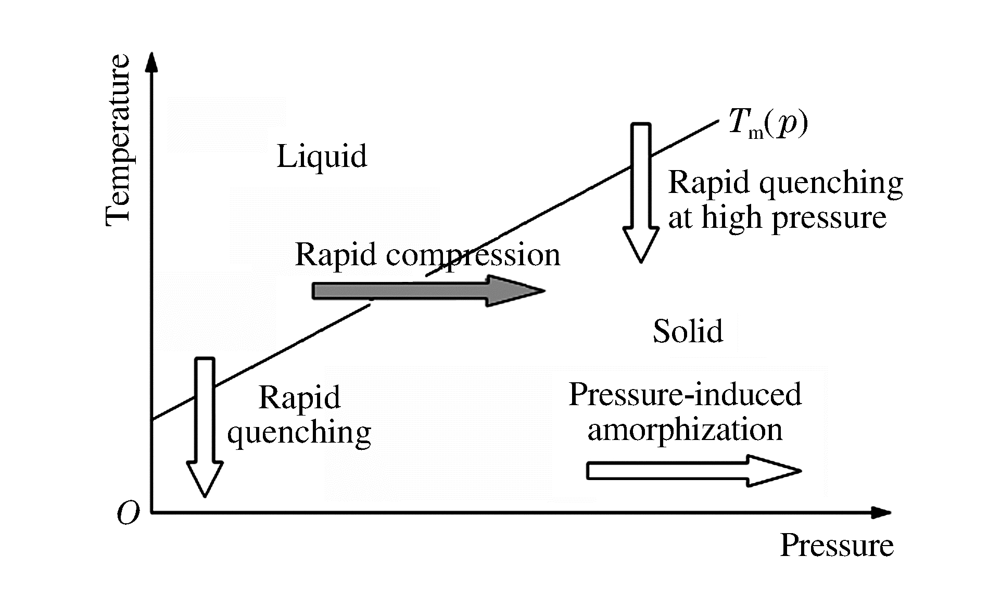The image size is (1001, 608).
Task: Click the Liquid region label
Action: tap(322, 156)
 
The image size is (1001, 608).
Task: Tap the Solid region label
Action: tap(688, 331)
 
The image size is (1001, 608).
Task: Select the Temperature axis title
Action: tap(118, 140)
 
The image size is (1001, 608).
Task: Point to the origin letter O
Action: tap(129, 514)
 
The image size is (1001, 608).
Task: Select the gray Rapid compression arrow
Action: tap(427, 291)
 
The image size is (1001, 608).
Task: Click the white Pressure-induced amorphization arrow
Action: tap(692, 471)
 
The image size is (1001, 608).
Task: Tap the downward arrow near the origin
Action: tap(205, 426)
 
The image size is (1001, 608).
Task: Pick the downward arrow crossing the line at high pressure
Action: tap(641, 192)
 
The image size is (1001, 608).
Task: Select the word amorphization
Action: tap(685, 430)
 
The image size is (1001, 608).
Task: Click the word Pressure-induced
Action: tap(685, 394)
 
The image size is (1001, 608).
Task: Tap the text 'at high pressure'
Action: tap(777, 217)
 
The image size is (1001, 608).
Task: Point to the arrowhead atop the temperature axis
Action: tap(151, 61)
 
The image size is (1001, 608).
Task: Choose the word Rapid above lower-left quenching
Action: tap(299, 398)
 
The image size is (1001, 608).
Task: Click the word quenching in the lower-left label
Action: tap(299, 433)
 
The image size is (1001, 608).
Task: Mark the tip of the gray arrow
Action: tap(543, 291)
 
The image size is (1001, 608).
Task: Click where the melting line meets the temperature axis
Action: tap(151, 419)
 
